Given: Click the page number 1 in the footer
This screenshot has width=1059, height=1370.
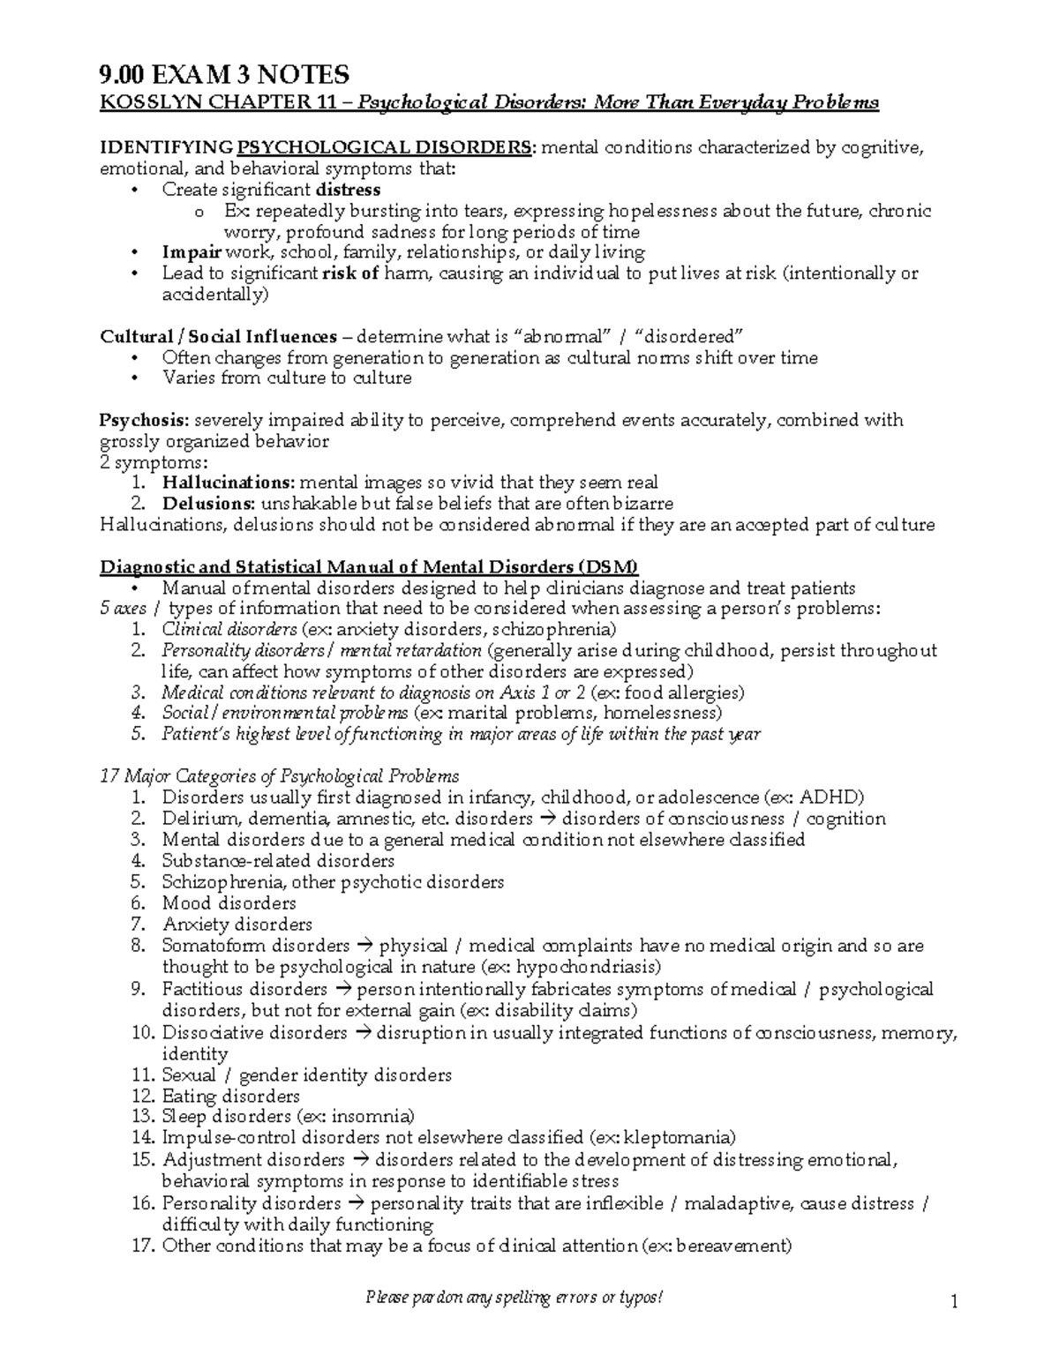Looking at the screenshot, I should (954, 1301).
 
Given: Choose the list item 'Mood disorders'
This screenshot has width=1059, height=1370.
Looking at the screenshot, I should (229, 903).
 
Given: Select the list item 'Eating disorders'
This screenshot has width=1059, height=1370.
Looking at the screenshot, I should (230, 1097).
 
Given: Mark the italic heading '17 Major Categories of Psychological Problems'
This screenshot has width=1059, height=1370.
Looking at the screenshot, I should (280, 776).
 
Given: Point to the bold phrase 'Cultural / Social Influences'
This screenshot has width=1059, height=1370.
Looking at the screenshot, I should (219, 337).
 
